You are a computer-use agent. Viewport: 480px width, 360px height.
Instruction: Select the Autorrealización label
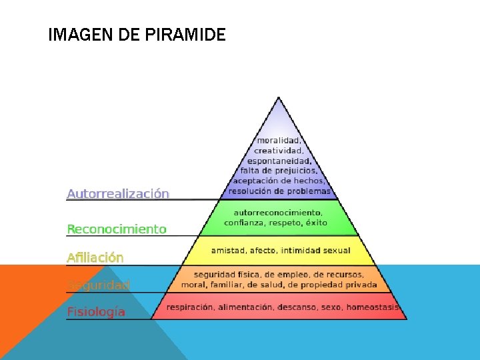[x=118, y=194]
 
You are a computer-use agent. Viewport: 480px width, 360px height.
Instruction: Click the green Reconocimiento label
[x=117, y=229]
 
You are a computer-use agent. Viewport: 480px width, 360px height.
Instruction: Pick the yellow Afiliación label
[x=95, y=257]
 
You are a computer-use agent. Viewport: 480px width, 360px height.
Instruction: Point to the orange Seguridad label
[x=99, y=285]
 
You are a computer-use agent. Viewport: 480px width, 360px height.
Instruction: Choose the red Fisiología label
[x=96, y=311]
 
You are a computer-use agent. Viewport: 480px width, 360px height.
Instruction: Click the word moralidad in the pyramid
[x=279, y=141]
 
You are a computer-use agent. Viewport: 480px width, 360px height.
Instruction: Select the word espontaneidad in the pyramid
[x=279, y=161]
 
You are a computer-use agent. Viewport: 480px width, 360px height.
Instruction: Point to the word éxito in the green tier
[x=314, y=223]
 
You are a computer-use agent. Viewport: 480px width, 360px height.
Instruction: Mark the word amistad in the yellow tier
[x=227, y=251]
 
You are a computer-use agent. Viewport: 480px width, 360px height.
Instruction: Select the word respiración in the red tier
[x=191, y=307]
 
